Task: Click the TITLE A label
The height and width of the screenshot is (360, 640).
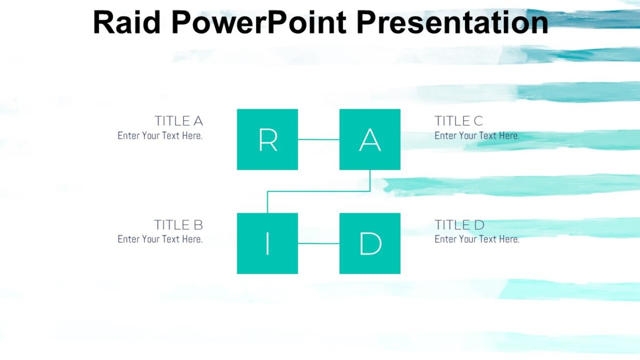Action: coord(179,121)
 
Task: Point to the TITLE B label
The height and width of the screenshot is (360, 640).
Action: coord(179,225)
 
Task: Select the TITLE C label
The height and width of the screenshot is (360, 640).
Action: coord(459,121)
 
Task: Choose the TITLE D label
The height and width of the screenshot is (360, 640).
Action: coord(459,225)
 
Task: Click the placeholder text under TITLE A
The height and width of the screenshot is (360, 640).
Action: coord(160,135)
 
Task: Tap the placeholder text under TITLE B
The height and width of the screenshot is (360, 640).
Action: coord(160,239)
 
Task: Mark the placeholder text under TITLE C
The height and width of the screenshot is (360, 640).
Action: coord(477,135)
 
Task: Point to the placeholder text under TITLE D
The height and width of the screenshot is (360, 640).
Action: coord(477,239)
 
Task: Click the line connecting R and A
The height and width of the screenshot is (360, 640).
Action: coord(318,140)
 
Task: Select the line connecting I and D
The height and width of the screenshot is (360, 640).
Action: coord(318,244)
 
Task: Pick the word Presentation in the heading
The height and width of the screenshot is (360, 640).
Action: coord(452,22)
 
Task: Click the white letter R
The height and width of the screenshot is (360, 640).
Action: coord(267,140)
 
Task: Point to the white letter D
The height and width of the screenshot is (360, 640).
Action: coord(370,244)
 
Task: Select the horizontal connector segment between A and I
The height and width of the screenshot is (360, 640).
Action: coord(318,191)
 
